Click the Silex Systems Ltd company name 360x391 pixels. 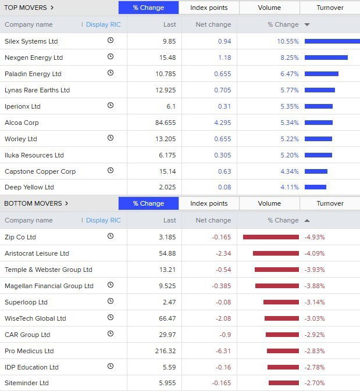point(31,41)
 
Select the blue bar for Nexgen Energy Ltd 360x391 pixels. point(326,58)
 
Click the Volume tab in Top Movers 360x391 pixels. point(269,8)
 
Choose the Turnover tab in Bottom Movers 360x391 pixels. point(330,203)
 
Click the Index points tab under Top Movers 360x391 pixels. point(209,8)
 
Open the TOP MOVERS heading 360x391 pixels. point(29,8)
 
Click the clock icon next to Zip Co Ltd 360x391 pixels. point(111,236)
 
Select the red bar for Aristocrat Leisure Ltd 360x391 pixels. point(276,253)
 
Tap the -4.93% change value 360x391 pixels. point(315,237)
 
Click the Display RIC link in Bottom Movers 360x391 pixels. point(103,220)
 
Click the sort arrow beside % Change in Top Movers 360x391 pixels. point(307,25)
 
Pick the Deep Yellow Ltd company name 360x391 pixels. point(29,187)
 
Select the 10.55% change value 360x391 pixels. point(287,41)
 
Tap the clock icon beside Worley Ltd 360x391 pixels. point(111,138)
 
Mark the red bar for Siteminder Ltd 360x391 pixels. point(284,383)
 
